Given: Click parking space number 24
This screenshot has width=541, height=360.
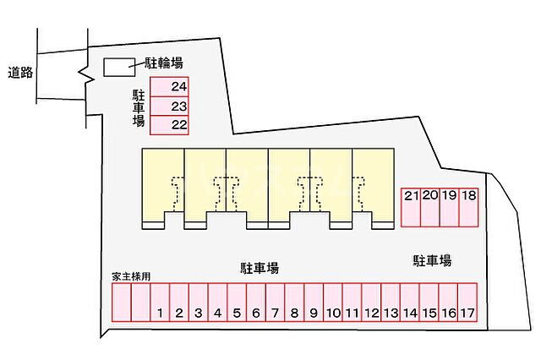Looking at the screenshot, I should pos(169,87).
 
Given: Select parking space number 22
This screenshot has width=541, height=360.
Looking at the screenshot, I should pos(169,125).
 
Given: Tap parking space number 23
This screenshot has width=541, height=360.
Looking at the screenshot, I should pos(169,106).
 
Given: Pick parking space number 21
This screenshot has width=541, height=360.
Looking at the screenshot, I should pos(412,206).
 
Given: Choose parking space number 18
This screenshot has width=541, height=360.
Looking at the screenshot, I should pos(470,206).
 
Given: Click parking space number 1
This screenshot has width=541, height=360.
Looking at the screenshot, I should pos(160,303).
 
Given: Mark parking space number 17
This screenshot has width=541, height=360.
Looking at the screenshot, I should pos(468,303).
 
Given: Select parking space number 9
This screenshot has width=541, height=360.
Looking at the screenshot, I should pos(314,303).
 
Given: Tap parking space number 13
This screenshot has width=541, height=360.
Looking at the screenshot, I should pos(391,303).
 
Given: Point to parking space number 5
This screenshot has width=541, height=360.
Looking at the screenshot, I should pos(237,303).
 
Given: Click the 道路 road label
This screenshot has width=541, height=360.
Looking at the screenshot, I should pos(20,73).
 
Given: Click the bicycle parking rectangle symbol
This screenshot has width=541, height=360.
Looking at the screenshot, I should pos(118,65).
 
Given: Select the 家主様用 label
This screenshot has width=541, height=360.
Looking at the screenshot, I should pos(131,276).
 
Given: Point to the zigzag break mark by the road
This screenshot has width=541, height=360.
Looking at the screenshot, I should pos(85,76).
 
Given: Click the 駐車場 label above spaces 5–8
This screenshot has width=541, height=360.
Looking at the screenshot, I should pos(260,268).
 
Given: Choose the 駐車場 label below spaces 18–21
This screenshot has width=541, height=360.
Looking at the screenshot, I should pos(432,260).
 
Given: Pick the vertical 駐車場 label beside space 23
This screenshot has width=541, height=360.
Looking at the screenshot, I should pos(139,107).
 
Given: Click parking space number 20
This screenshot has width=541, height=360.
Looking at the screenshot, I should pos(430,206).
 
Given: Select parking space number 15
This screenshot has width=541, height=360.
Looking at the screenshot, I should pos(429,303).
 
